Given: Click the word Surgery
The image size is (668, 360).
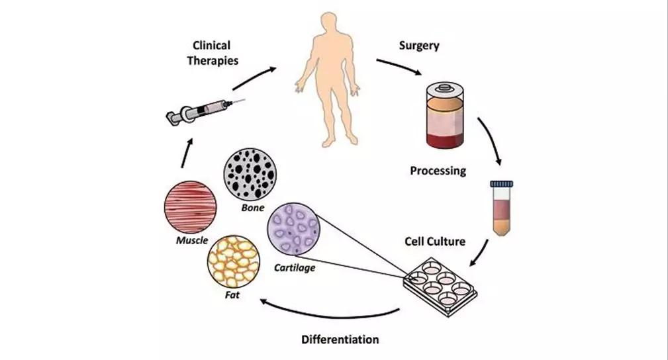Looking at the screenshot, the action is [x=419, y=46].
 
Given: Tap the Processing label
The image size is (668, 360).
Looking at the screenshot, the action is [x=438, y=171].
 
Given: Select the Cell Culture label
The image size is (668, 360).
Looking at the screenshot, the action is [x=435, y=242].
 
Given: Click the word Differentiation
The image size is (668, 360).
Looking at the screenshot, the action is [x=340, y=339].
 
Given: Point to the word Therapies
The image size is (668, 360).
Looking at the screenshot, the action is [x=213, y=61].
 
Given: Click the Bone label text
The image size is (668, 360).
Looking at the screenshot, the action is [x=253, y=208].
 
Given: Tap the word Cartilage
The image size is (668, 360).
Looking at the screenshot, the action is [x=295, y=268].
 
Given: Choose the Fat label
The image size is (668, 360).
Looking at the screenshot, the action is [x=232, y=295].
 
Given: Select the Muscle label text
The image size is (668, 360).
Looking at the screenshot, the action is [x=192, y=240].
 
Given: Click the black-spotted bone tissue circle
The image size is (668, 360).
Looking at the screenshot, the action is [x=250, y=174].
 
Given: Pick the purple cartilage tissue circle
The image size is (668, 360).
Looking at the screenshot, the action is [x=294, y=229].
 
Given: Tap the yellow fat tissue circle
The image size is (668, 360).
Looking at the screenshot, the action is [x=234, y=261].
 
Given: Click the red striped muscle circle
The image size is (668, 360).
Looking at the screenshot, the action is [x=191, y=207].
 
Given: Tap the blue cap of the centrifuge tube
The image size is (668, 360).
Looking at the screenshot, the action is [x=501, y=184].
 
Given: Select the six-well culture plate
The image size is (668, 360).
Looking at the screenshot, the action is [x=440, y=287].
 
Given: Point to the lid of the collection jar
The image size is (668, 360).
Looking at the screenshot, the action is [x=445, y=89].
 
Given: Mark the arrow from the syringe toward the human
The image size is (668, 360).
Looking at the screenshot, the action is [x=254, y=78].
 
